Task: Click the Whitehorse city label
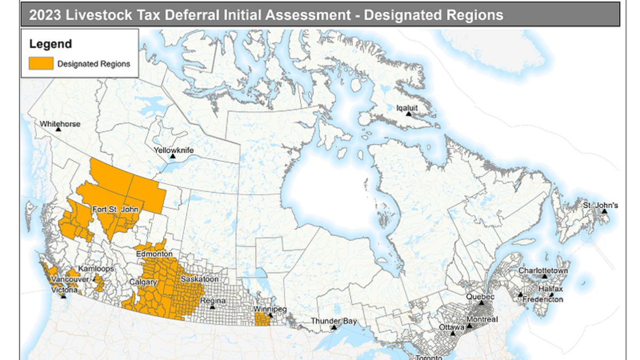pyautogui.click(x=60, y=124)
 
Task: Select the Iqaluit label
pyautogui.click(x=407, y=107)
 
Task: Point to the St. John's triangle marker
pyautogui.click(x=605, y=212)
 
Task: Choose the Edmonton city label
pyautogui.click(x=154, y=254)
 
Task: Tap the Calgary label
pyautogui.click(x=142, y=282)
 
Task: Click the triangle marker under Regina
pyautogui.click(x=213, y=308)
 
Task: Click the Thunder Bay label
pyautogui.click(x=334, y=321)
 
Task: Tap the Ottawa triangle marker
pyautogui.click(x=453, y=333)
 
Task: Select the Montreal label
pyautogui.click(x=482, y=319)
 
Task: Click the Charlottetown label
pyautogui.click(x=543, y=270)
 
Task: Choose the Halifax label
pyautogui.click(x=550, y=289)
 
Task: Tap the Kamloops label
pyautogui.click(x=97, y=269)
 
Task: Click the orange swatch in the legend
pyautogui.click(x=41, y=63)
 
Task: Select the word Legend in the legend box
pyautogui.click(x=50, y=44)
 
